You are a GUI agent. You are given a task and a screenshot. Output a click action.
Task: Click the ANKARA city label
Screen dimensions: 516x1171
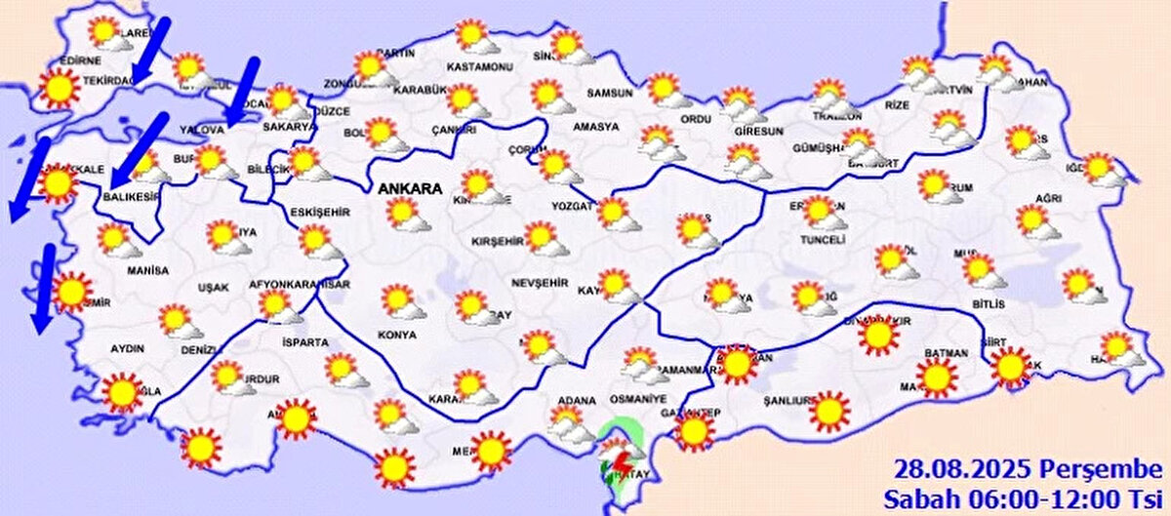[x=411, y=187]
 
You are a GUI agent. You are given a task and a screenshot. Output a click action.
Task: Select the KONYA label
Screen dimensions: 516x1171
[x=396, y=335]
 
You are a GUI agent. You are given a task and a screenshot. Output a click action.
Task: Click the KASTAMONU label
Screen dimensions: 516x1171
[x=479, y=67]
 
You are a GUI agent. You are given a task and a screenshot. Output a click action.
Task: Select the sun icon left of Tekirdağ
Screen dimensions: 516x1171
[x=59, y=88]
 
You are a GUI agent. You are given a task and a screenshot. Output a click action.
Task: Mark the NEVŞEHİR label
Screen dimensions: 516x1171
[x=540, y=282]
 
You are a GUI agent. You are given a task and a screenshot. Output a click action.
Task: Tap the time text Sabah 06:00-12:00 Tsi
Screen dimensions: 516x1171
[x=1025, y=497]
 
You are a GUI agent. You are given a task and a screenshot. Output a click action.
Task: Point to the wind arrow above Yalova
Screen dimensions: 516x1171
[x=242, y=92]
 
